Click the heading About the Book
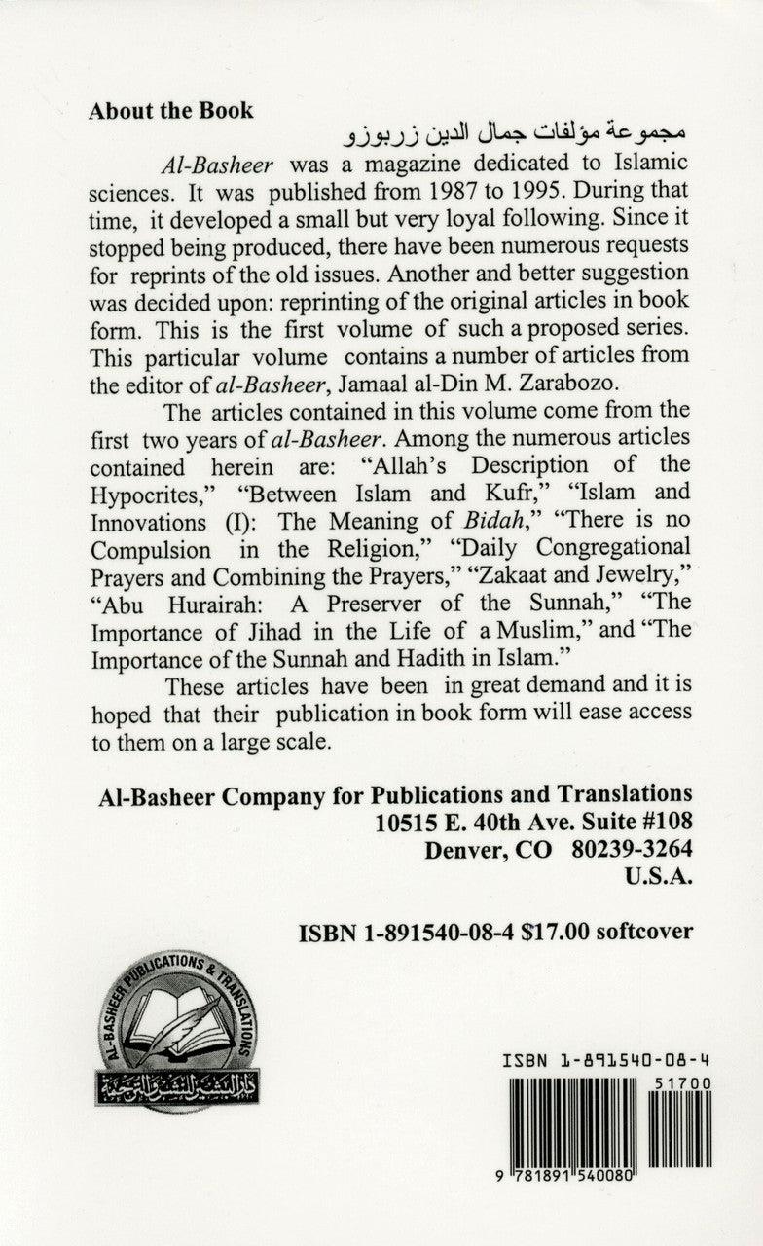pos(170,110)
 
